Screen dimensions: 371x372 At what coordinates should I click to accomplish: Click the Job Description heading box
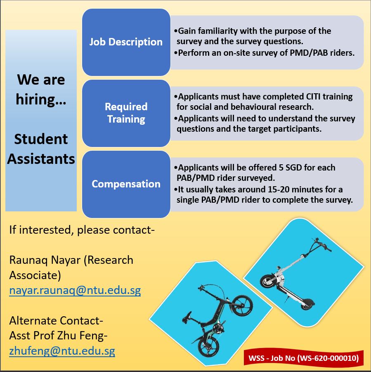tap(126, 42)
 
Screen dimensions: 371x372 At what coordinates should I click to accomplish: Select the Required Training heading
tap(126, 113)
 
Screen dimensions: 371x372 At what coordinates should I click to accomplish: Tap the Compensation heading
tap(126, 184)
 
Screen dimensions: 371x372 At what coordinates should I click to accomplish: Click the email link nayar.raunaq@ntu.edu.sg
tap(75, 290)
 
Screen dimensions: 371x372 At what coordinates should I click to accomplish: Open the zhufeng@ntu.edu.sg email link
tap(62, 351)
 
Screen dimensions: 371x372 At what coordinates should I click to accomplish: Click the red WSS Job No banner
tap(304, 358)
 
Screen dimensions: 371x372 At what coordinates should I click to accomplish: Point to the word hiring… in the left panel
tap(41, 99)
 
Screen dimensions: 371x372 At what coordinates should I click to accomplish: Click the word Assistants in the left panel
tap(41, 159)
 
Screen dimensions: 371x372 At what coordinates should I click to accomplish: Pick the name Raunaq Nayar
tap(45, 260)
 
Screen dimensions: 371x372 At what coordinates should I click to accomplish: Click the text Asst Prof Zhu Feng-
tap(58, 336)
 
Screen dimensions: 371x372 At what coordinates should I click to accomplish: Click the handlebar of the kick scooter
tap(321, 244)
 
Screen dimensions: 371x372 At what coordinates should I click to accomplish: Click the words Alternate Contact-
tap(56, 321)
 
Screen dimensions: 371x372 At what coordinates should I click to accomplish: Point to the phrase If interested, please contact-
tap(82, 230)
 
